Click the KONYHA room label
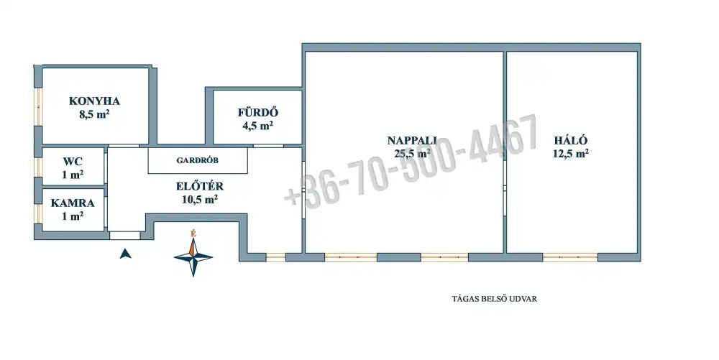[94, 101]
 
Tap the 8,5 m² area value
[94, 114]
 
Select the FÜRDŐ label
[257, 112]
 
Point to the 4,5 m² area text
[257, 126]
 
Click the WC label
[73, 161]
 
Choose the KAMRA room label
[73, 203]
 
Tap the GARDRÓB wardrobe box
[198, 160]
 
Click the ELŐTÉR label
[199, 186]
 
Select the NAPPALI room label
[412, 141]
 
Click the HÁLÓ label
[570, 141]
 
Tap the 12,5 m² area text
[570, 154]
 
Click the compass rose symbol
[193, 257]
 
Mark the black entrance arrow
[125, 253]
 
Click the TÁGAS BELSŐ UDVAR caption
[495, 299]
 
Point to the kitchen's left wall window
[39, 107]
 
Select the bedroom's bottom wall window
[570, 257]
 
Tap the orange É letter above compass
[193, 234]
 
